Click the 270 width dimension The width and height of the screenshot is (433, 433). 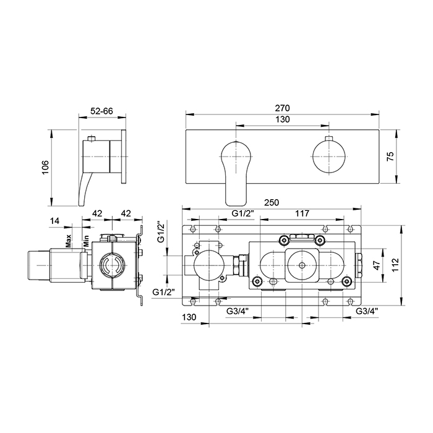(x=282, y=108)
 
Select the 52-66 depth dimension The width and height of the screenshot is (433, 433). (x=101, y=111)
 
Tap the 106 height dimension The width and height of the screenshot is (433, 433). (x=45, y=167)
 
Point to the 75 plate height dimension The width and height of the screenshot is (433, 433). (x=391, y=156)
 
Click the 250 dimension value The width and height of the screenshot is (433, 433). (x=272, y=202)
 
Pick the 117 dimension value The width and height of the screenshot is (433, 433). (x=302, y=213)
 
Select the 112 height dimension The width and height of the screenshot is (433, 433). (x=395, y=265)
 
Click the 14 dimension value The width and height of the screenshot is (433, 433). (x=54, y=221)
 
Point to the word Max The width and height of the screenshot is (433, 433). (x=68, y=241)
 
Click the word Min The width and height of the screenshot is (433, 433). (x=86, y=241)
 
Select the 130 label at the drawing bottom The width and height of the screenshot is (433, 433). (x=189, y=317)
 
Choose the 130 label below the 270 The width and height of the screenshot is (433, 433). (x=283, y=119)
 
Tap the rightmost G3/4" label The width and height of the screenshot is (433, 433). (x=366, y=311)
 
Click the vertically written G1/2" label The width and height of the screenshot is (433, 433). (x=161, y=231)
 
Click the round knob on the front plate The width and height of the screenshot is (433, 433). (x=329, y=157)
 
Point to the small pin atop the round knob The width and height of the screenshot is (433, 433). (x=329, y=139)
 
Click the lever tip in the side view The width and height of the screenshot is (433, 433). (x=81, y=204)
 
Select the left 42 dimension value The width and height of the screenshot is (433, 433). (x=97, y=213)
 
